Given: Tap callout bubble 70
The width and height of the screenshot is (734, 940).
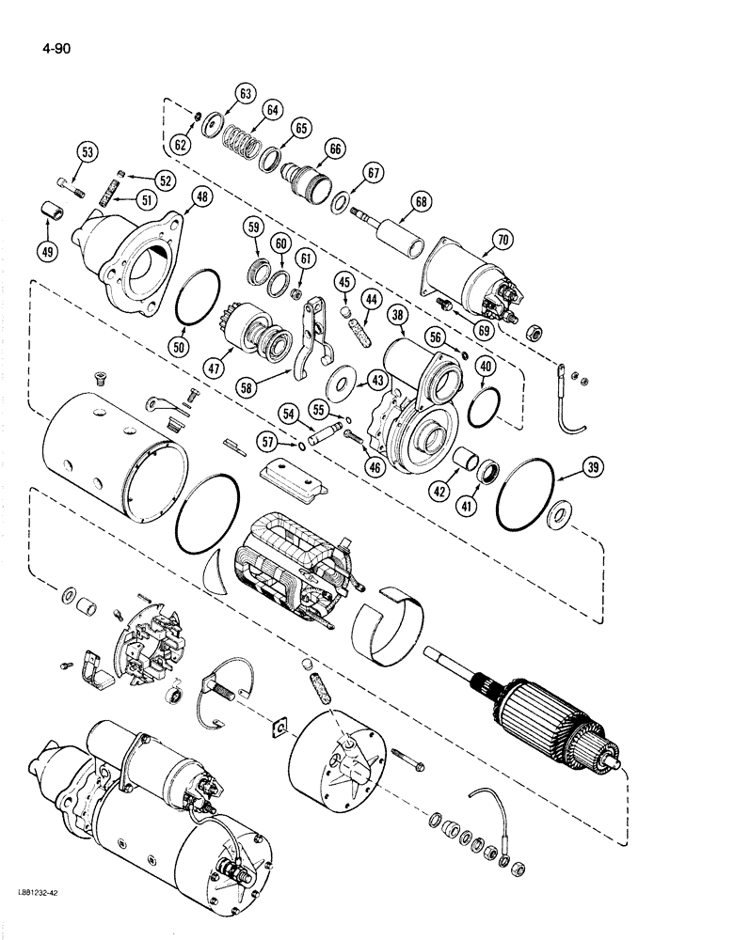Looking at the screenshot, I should (503, 240).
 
